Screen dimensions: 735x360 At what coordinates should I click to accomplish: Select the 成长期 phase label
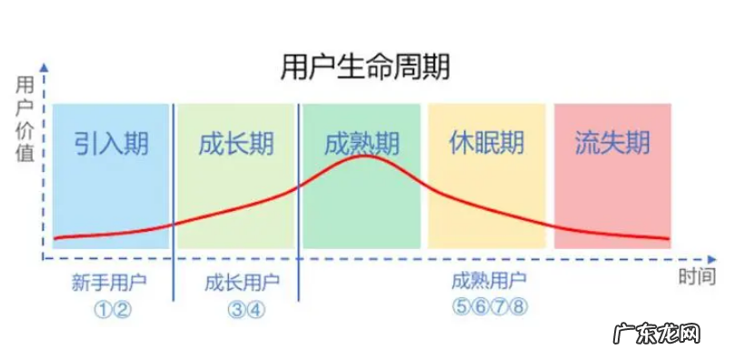click(x=235, y=144)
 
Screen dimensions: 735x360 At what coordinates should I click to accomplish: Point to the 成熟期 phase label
click(x=362, y=144)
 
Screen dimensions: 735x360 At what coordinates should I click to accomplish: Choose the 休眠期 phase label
click(x=487, y=144)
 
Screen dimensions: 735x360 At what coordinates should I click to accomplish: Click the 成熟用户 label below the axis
click(x=488, y=283)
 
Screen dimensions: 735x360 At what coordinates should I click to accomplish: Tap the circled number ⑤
click(x=459, y=307)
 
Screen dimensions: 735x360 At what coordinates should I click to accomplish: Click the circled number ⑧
click(x=519, y=307)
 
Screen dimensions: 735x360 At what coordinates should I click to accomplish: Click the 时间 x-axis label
click(x=696, y=277)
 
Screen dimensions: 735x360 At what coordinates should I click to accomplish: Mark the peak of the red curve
click(x=363, y=157)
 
